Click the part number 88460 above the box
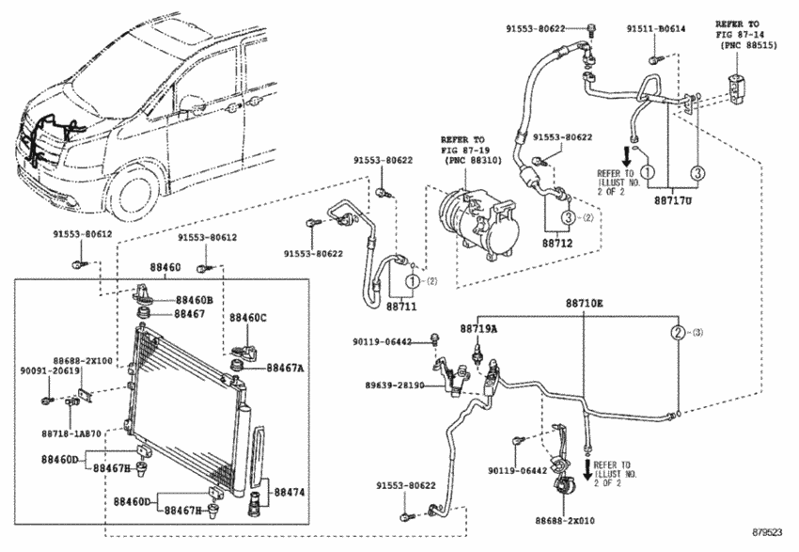click(x=164, y=267)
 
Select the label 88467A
click(x=285, y=368)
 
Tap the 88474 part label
click(x=290, y=492)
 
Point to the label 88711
click(x=401, y=307)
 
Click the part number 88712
click(x=557, y=244)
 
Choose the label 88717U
click(x=673, y=200)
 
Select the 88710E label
click(x=584, y=303)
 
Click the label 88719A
click(x=478, y=329)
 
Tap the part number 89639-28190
click(x=395, y=386)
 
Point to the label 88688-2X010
click(x=565, y=520)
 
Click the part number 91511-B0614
click(x=656, y=29)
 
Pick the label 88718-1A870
click(x=70, y=434)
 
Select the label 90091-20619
click(x=50, y=371)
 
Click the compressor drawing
click(x=478, y=222)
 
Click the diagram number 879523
click(x=767, y=532)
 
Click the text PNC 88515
click(x=749, y=45)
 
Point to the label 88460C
click(x=247, y=318)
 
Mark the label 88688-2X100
click(x=83, y=360)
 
